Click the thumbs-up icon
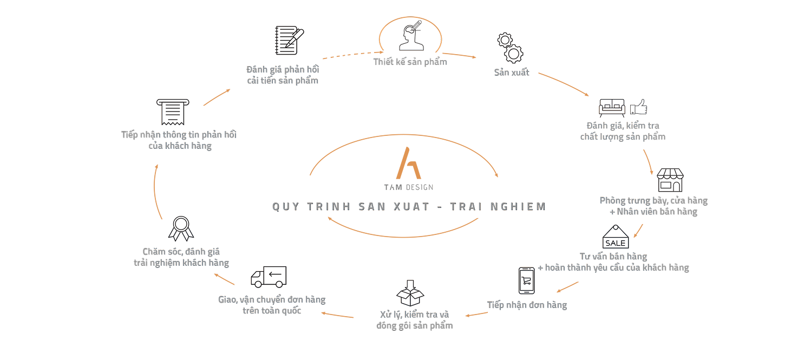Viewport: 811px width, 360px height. pos(639,106)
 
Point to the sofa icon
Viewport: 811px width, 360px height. pos(612,107)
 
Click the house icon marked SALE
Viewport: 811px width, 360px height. pos(616,238)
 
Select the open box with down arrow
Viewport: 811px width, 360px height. pos(410,293)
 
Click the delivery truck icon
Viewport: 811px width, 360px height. pos(269,277)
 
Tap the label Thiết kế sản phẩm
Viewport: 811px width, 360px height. pos(410,62)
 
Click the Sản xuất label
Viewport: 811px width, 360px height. pos(511,72)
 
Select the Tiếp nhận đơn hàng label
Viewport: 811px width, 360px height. pos(526,305)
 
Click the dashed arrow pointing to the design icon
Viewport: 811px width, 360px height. pos(346,53)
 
